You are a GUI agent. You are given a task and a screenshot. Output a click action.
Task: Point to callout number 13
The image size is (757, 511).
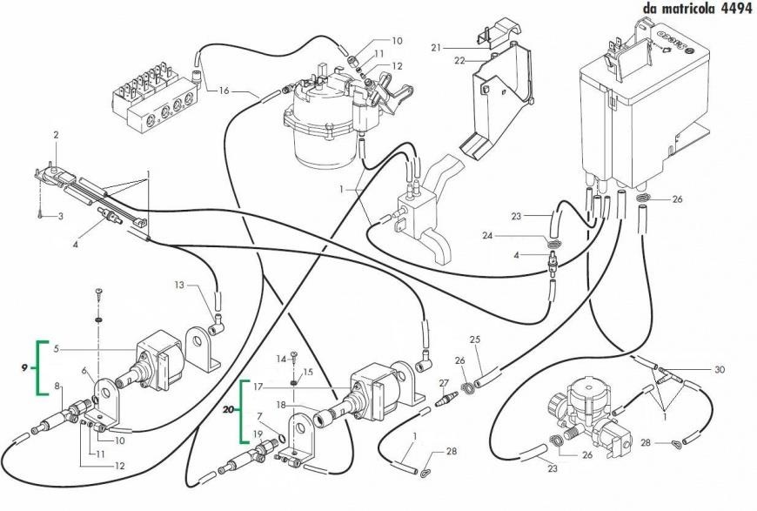178,285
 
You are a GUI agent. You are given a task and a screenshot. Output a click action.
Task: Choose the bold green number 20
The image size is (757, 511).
229,407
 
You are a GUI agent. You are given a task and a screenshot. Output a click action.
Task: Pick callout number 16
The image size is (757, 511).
224,90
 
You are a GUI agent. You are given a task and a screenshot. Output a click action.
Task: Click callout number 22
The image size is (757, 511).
459,60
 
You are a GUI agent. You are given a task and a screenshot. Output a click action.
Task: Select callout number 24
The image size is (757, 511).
512,235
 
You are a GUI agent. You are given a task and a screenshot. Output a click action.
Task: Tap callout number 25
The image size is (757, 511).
474,339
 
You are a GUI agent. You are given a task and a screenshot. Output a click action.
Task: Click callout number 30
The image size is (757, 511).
719,369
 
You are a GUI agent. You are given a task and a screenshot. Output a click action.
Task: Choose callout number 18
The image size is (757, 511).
282,405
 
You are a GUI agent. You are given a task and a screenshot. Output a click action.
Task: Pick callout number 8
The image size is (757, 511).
58,386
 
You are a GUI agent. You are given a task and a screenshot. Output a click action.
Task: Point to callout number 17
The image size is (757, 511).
258,385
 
